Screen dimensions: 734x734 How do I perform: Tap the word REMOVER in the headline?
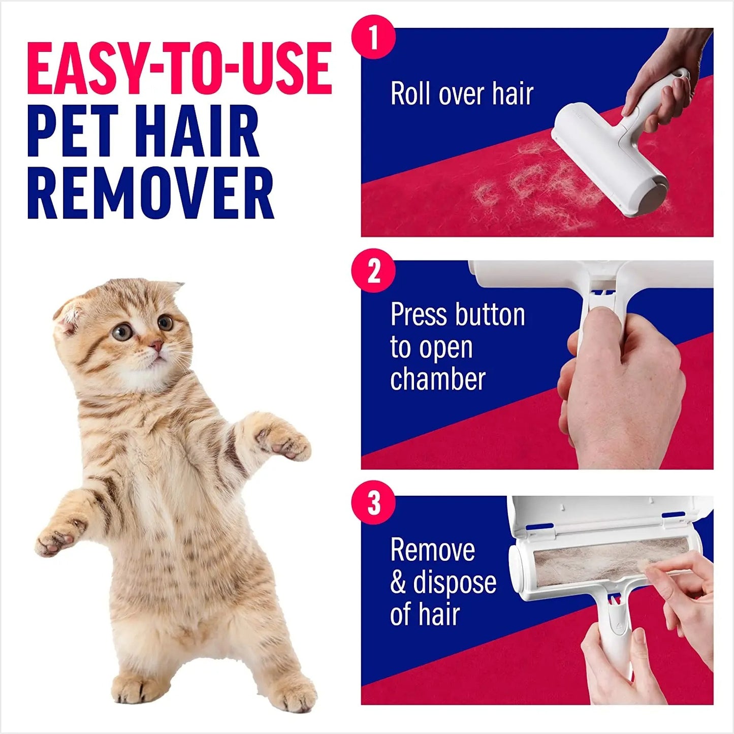pyautogui.click(x=150, y=193)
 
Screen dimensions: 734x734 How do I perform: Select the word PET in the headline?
pyautogui.click(x=72, y=131)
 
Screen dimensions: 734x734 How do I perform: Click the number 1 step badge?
pyautogui.click(x=373, y=37)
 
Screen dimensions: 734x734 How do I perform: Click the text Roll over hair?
pyautogui.click(x=462, y=94)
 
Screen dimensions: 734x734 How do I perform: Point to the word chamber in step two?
pyautogui.click(x=438, y=379)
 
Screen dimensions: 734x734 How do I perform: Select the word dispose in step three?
pyautogui.click(x=455, y=583)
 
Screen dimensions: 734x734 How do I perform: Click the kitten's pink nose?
pyautogui.click(x=156, y=346)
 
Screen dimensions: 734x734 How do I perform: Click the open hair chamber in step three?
pyautogui.click(x=610, y=561)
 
